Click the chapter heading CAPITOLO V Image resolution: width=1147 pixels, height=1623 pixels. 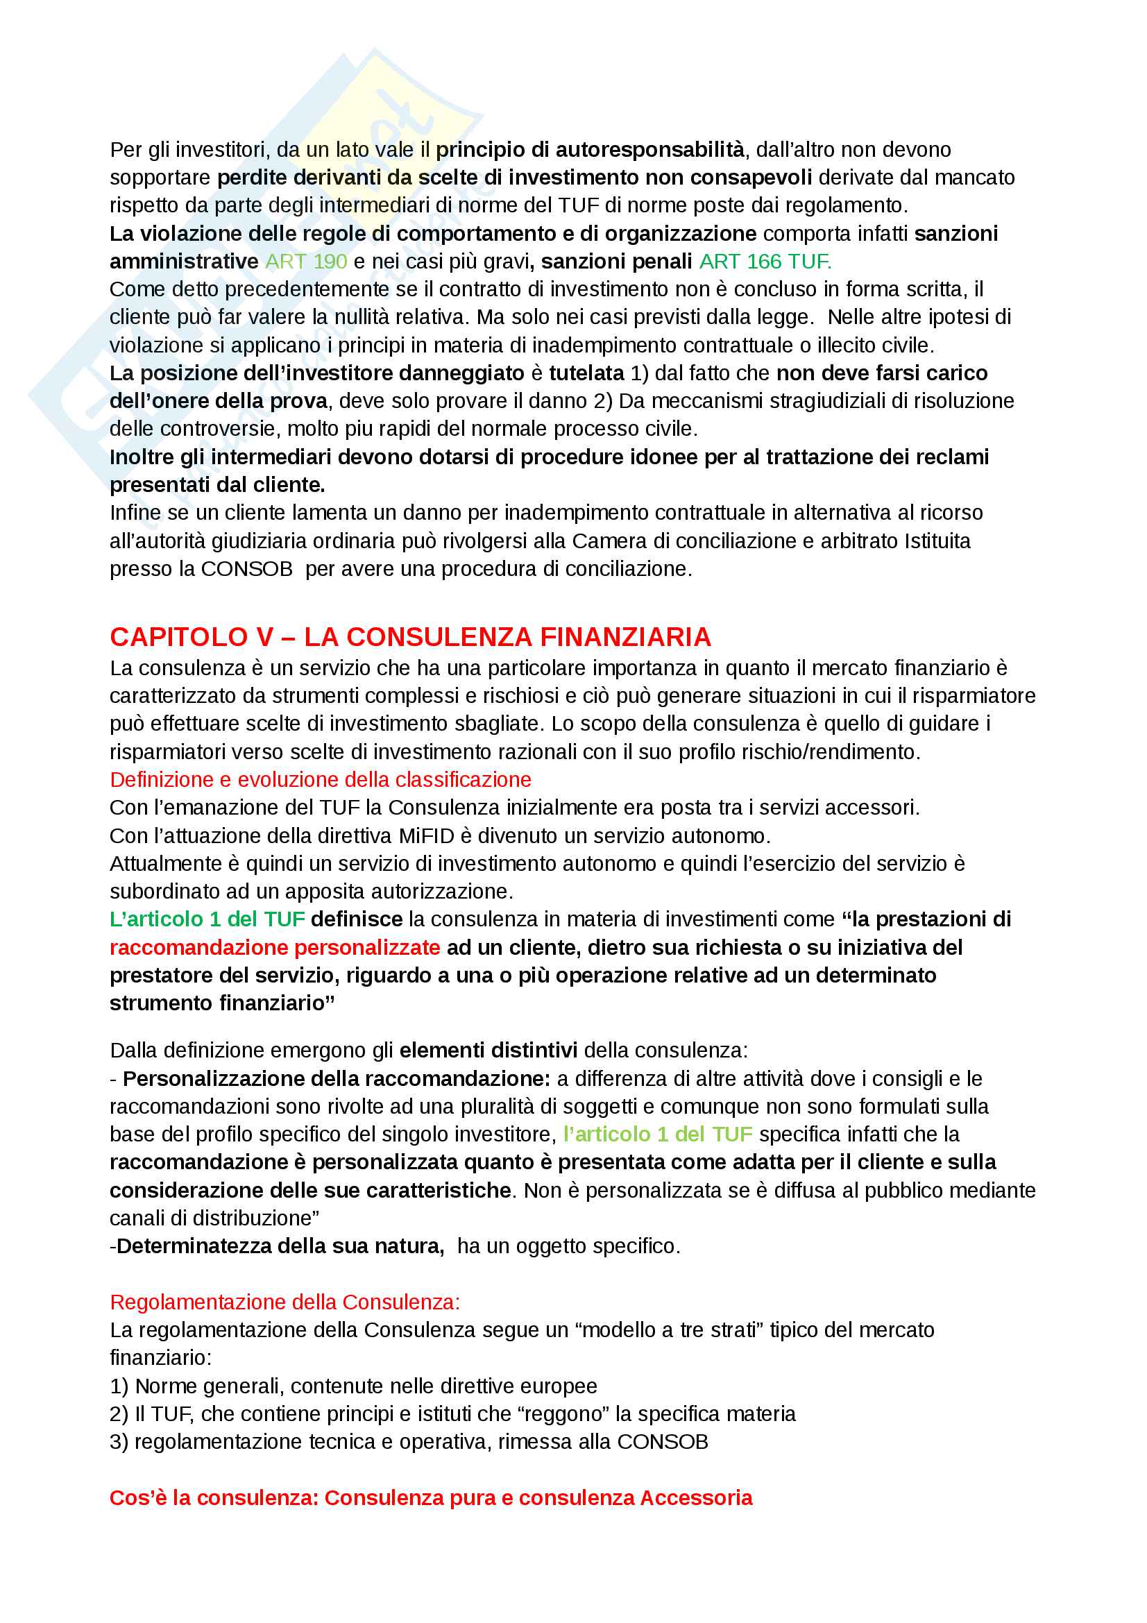(x=191, y=638)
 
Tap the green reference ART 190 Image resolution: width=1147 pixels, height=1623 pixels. (x=306, y=262)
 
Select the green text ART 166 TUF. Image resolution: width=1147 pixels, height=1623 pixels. (x=765, y=262)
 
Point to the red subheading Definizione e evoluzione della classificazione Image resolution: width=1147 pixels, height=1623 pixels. (x=320, y=780)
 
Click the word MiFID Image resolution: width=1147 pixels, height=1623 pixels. (x=426, y=835)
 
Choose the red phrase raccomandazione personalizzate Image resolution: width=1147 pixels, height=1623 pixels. (x=275, y=947)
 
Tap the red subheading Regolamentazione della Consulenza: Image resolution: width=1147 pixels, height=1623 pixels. (x=284, y=1302)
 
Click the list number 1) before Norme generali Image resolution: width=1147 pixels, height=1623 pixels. (x=119, y=1386)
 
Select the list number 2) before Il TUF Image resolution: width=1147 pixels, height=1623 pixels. (x=119, y=1413)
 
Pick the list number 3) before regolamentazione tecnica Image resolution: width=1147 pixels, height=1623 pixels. (x=119, y=1442)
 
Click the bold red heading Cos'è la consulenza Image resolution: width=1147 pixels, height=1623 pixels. (x=430, y=1498)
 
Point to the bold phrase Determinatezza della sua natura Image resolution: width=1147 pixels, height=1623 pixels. (x=280, y=1246)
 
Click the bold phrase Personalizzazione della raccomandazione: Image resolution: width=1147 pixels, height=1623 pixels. (x=337, y=1079)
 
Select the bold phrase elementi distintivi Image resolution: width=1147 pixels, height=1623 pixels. (x=488, y=1051)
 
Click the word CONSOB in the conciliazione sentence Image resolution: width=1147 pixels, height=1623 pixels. (x=246, y=569)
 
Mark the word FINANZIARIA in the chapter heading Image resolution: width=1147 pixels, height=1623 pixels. (x=625, y=638)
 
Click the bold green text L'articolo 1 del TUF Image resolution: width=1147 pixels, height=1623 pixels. (x=207, y=919)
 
